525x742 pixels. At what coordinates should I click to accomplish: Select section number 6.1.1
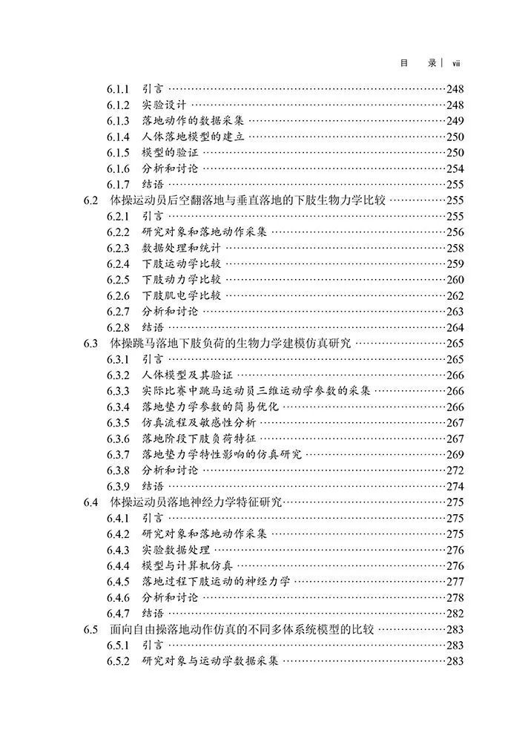[x=118, y=89]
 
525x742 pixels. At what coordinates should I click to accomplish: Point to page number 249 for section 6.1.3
[x=455, y=121]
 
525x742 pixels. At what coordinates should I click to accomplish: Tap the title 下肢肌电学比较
[x=182, y=295]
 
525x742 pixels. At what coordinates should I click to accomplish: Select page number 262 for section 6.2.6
[x=455, y=295]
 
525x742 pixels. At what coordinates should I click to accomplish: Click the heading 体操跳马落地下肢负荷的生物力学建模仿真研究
[x=231, y=344]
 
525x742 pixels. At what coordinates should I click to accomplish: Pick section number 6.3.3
[x=118, y=391]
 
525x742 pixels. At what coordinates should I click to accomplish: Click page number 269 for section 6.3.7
[x=455, y=454]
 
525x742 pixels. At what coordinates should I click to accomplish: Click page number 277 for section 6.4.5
[x=455, y=582]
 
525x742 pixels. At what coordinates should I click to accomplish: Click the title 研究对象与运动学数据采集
[x=210, y=661]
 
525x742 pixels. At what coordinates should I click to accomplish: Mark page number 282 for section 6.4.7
[x=455, y=614]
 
